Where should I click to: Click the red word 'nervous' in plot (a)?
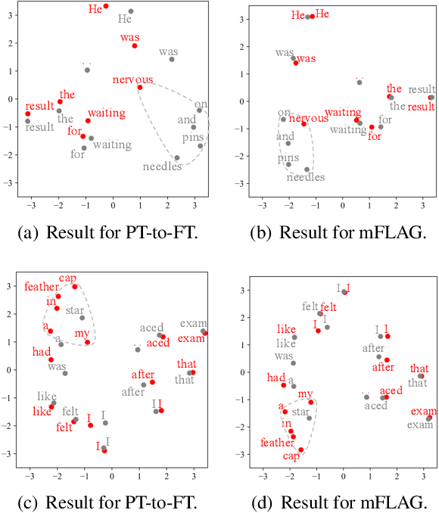pos(132,80)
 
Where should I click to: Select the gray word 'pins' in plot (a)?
pos(192,138)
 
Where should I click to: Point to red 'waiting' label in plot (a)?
pos(107,113)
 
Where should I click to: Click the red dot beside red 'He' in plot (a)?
pos(106,6)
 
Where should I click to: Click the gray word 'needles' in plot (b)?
pos(305,178)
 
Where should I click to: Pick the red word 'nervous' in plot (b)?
pos(309,118)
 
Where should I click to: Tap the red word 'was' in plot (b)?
pos(306,58)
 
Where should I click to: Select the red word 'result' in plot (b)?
pos(422,107)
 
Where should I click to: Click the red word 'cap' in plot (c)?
pos(68,277)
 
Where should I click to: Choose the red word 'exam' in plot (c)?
pos(191,339)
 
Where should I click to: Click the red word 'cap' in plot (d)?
pos(291,456)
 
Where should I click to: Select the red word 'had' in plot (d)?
pos(276,378)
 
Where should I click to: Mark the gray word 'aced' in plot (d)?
pos(376,406)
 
